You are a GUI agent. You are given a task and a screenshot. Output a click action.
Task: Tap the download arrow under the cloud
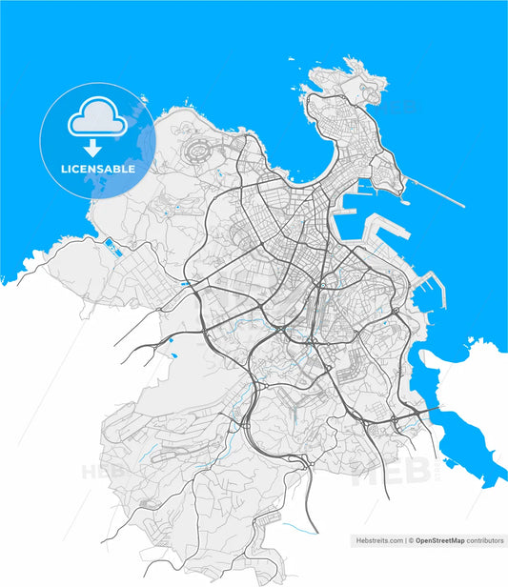pyautogui.click(x=92, y=148)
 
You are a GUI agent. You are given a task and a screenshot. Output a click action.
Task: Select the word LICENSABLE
pyautogui.click(x=98, y=169)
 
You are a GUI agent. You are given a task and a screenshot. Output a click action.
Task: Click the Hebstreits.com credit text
pyautogui.click(x=379, y=540)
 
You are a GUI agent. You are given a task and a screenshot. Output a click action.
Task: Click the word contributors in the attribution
pyautogui.click(x=485, y=540)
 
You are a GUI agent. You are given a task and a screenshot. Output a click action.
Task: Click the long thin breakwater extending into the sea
pyautogui.click(x=438, y=193)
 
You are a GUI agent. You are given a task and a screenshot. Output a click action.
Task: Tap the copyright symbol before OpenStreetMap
pyautogui.click(x=411, y=540)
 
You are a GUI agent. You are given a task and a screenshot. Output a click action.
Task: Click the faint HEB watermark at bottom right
pyautogui.click(x=381, y=474)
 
